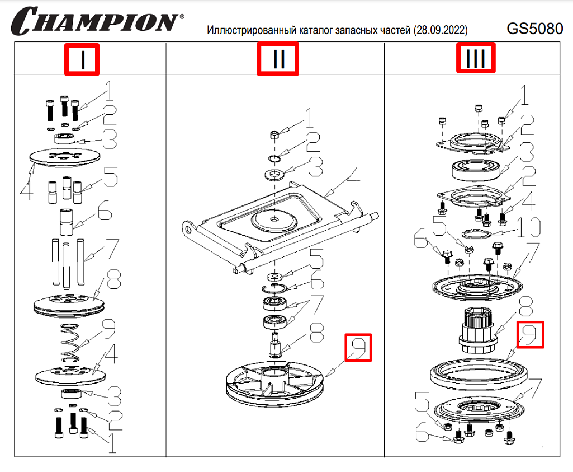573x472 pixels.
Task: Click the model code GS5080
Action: pos(534,27)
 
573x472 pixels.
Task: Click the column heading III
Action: pos(476,59)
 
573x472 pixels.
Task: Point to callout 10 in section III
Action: pos(528,228)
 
